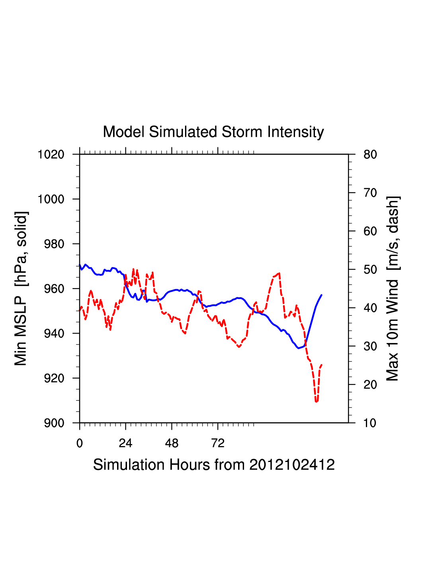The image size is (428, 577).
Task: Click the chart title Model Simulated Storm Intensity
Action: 213,132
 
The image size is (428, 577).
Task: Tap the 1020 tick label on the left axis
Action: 51,154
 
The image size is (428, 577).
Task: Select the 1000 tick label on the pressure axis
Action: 51,199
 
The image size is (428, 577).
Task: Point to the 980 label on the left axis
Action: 54,244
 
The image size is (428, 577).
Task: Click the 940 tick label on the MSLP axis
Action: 54,333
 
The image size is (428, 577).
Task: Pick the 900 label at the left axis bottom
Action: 54,423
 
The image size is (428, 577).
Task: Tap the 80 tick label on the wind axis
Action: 370,154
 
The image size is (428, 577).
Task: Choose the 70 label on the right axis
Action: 370,193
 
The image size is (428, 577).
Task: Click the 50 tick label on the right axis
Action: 370,270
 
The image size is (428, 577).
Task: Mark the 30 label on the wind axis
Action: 370,347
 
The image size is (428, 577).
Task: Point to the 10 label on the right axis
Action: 370,423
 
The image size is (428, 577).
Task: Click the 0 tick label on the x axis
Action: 80,443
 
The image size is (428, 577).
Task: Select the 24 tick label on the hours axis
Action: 125,443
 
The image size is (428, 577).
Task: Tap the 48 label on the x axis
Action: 172,443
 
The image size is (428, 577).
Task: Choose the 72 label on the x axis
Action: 218,443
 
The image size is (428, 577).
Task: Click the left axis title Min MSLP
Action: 21,288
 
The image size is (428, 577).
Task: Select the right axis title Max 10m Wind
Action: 393,288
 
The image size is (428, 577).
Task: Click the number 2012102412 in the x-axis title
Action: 292,465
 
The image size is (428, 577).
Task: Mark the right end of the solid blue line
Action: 321,295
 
